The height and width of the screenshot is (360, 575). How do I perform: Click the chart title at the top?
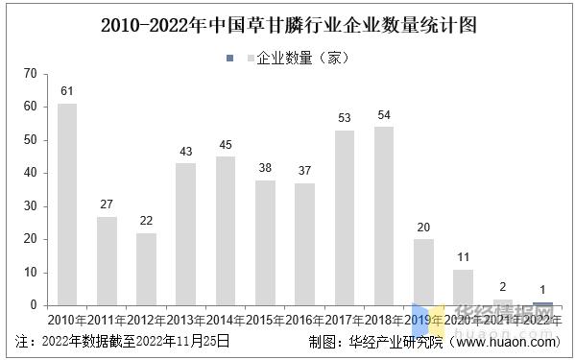click(x=289, y=24)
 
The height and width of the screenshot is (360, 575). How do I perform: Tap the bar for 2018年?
click(x=384, y=215)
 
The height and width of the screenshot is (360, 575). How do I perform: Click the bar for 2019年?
click(x=423, y=272)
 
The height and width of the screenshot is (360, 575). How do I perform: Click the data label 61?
click(x=67, y=91)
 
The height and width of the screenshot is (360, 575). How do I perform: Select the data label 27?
click(x=107, y=204)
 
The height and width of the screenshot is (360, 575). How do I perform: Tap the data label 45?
click(x=226, y=145)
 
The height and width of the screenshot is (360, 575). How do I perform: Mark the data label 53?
click(x=345, y=118)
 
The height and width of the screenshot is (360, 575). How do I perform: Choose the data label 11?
click(x=463, y=257)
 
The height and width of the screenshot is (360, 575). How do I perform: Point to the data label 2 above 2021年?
click(x=503, y=287)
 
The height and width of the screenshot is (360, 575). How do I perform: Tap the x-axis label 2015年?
click(x=266, y=319)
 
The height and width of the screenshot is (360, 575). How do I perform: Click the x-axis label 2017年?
click(x=345, y=319)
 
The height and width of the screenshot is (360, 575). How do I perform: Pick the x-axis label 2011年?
click(x=108, y=319)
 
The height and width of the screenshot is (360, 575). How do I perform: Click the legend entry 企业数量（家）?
click(x=297, y=58)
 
